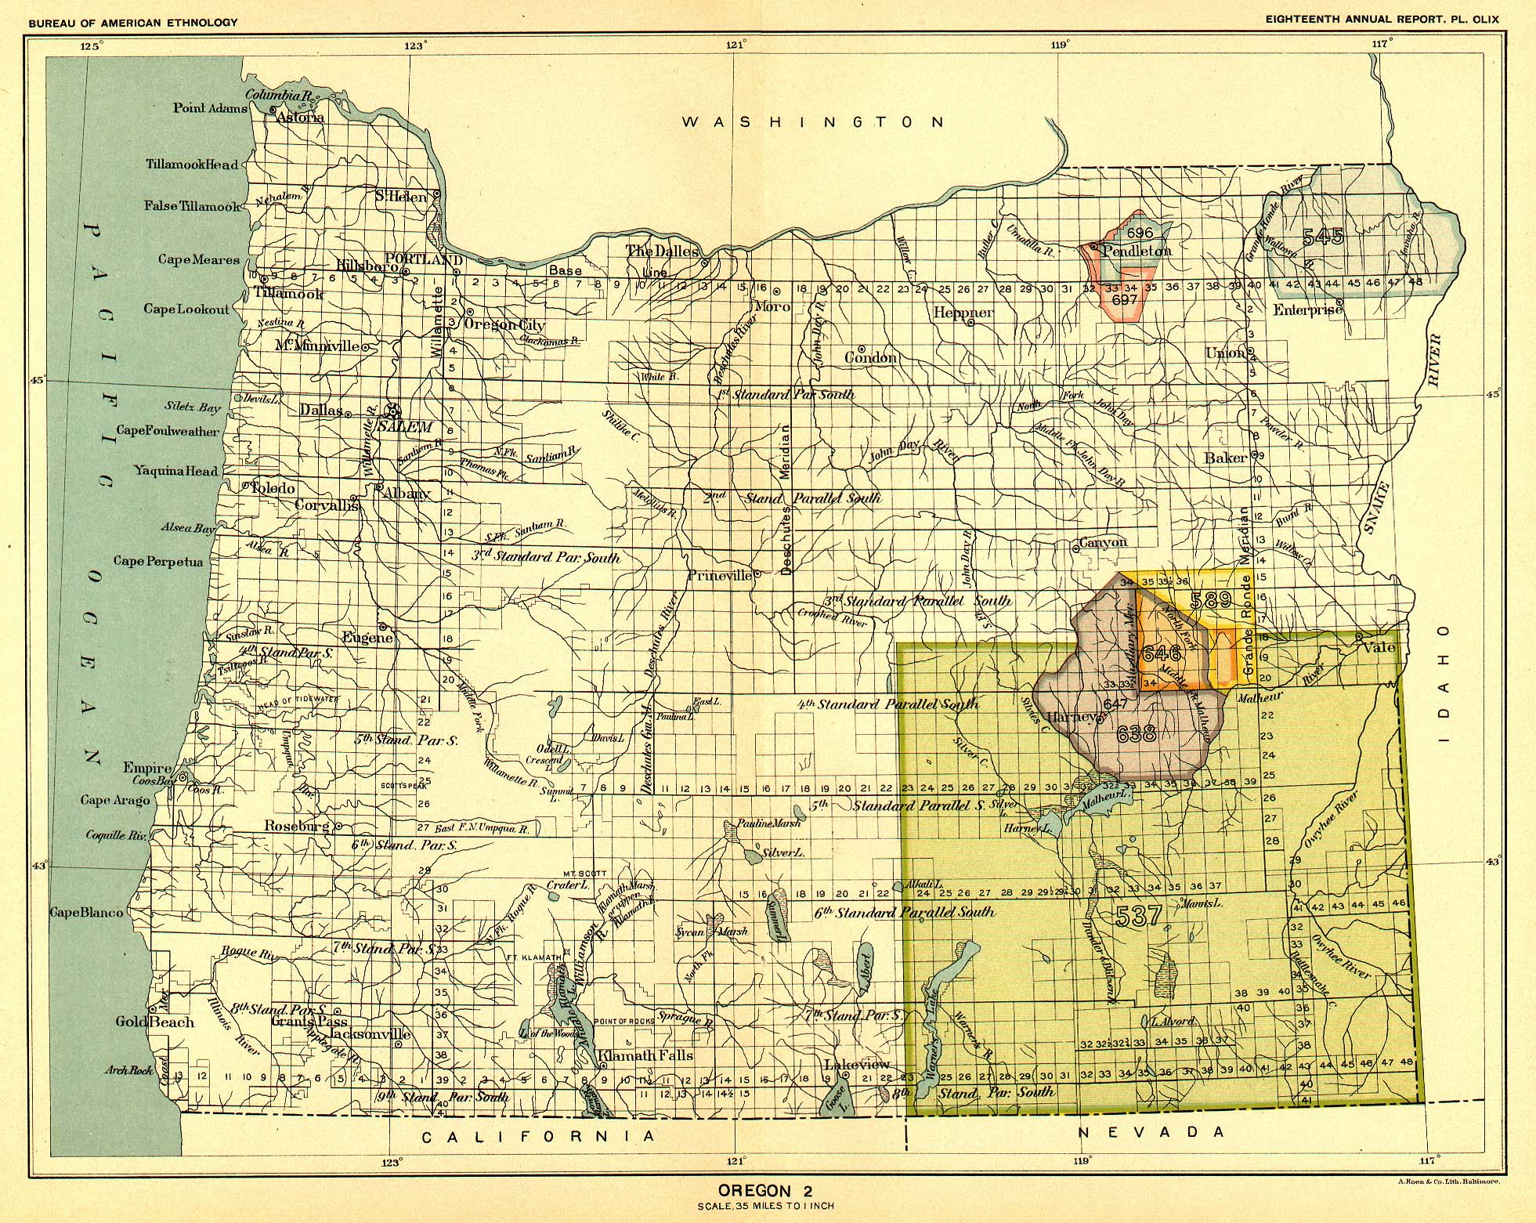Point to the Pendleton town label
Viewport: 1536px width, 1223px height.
(1137, 251)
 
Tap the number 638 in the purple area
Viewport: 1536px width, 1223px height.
(1136, 734)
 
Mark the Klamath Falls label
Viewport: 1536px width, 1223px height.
(645, 1055)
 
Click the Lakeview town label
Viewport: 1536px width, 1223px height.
(857, 1064)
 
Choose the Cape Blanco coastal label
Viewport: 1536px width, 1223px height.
(87, 913)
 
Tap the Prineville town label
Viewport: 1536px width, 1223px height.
(718, 575)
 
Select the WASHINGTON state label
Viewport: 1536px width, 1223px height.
(814, 122)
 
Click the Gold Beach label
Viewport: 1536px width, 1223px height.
(154, 1022)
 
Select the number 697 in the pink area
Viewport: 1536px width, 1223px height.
(1124, 299)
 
